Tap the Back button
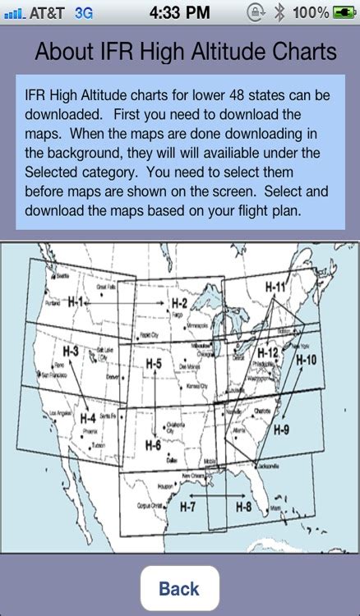(x=179, y=588)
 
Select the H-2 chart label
(x=179, y=304)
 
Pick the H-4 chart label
(x=89, y=417)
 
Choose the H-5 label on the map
(x=153, y=363)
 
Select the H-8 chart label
(x=243, y=506)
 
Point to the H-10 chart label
(x=306, y=359)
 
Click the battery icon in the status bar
(x=344, y=12)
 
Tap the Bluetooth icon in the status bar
(x=279, y=12)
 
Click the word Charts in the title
(x=301, y=52)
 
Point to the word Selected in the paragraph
(x=54, y=170)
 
